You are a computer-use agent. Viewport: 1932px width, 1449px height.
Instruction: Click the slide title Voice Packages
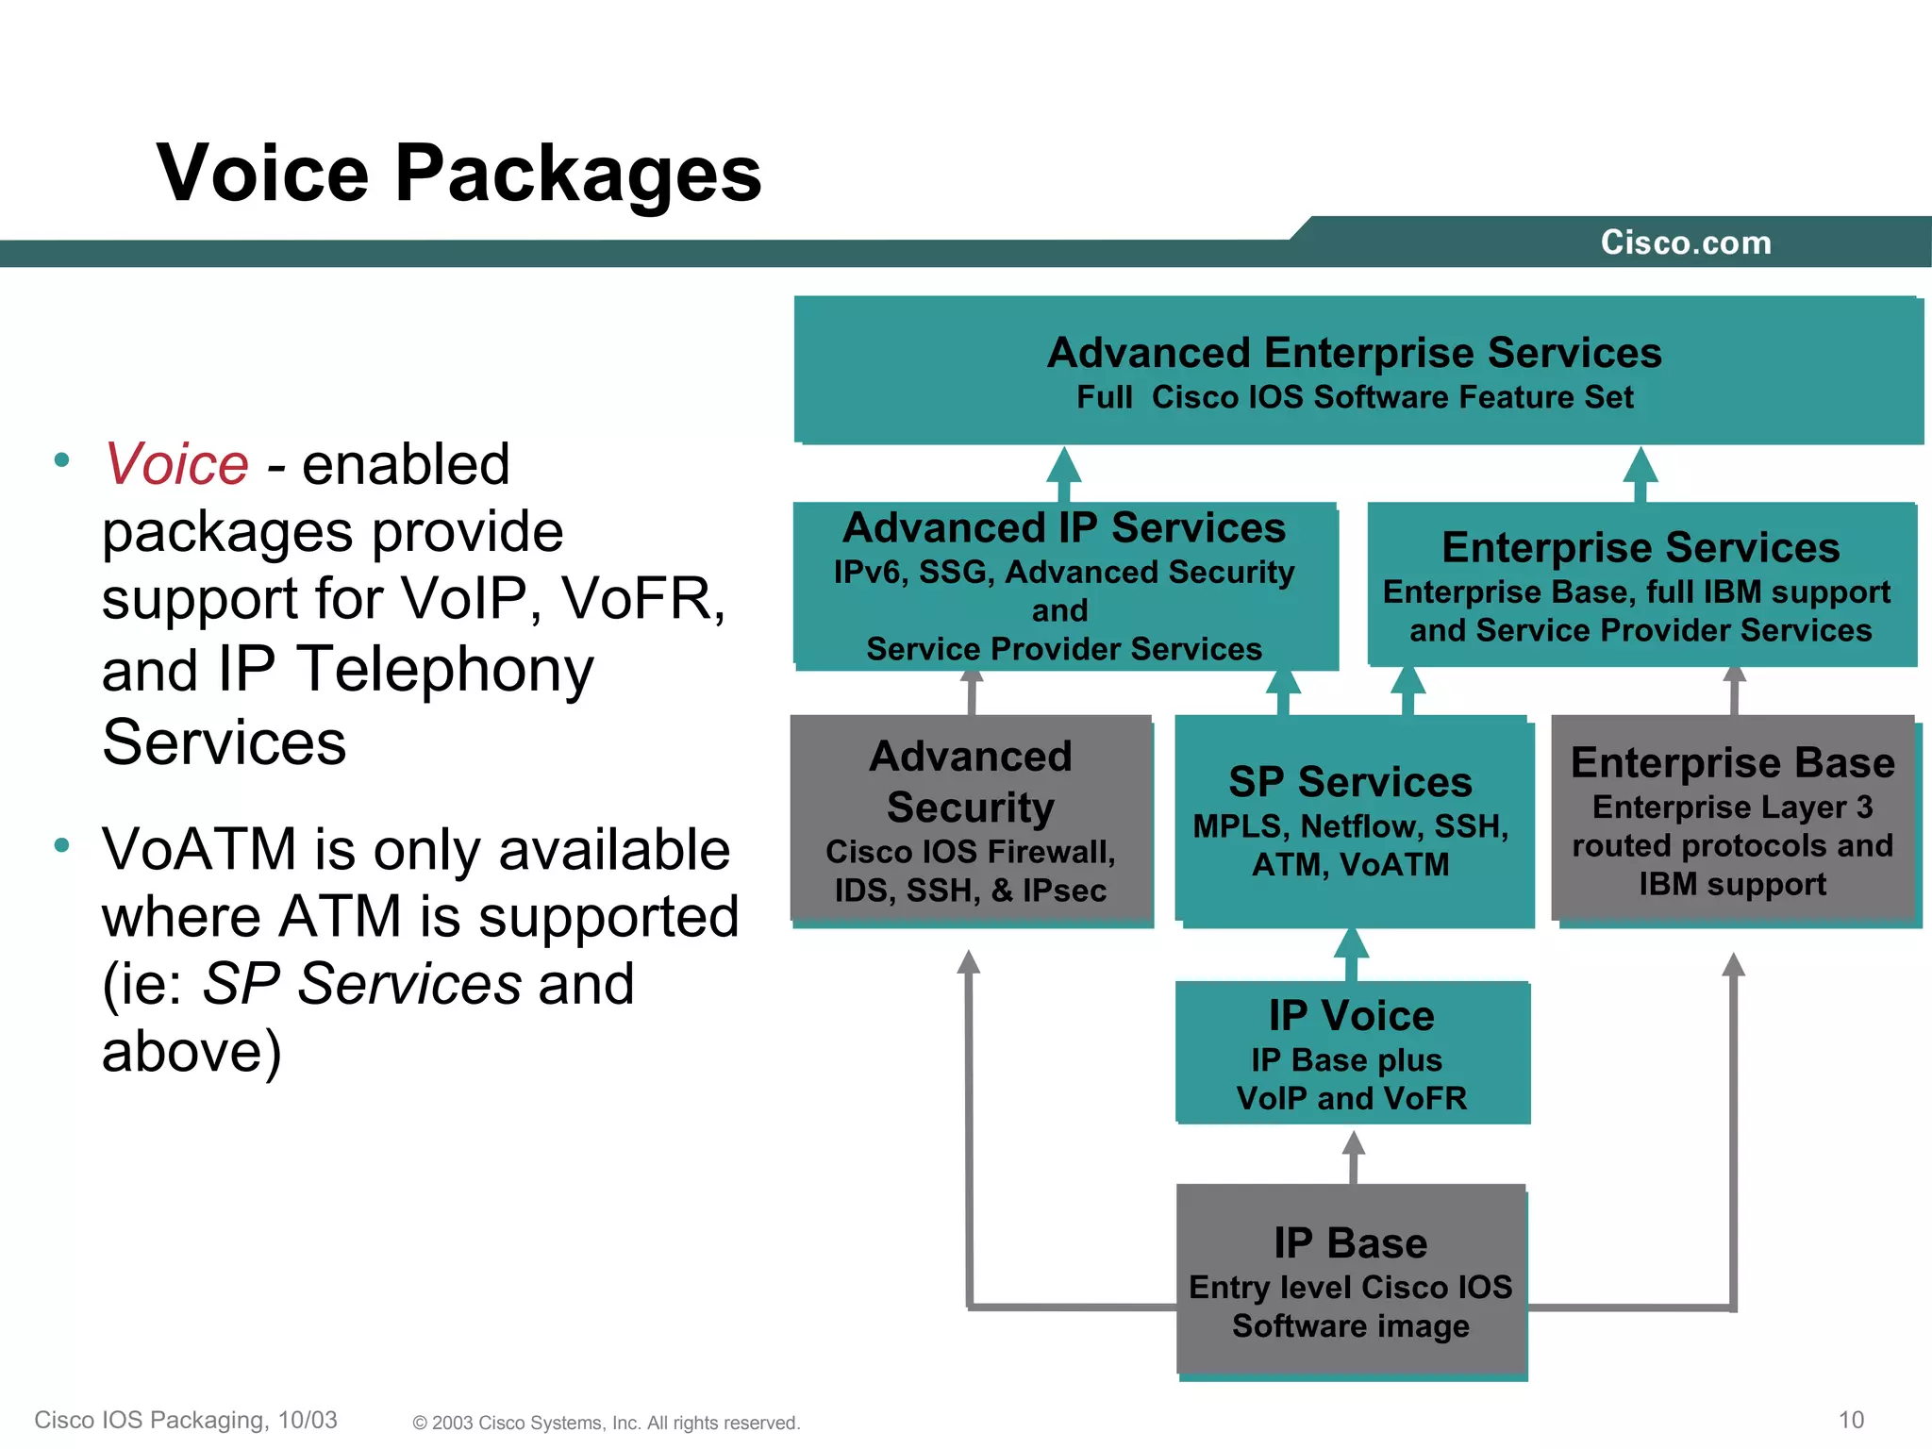coord(458,174)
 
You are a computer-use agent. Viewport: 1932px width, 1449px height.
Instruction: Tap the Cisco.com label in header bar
coord(1685,243)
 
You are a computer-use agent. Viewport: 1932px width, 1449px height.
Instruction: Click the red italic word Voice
coord(176,464)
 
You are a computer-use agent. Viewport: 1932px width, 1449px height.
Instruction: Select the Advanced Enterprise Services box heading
coord(1354,354)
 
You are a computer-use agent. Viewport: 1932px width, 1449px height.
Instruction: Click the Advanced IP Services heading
coord(1063,528)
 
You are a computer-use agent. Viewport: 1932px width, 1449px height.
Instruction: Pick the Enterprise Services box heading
coord(1641,548)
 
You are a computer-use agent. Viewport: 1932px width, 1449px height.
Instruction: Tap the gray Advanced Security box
coord(971,819)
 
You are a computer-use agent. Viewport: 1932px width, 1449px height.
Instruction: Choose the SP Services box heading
coord(1350,782)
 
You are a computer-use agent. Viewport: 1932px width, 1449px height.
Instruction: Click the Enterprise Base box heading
coord(1732,762)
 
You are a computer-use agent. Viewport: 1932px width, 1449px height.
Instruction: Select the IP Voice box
coord(1352,1053)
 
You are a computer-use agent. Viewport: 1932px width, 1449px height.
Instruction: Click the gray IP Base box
coord(1351,1280)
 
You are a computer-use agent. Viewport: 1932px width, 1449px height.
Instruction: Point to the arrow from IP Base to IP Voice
coord(1354,1157)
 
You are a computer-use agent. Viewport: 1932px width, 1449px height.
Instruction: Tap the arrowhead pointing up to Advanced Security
coord(969,962)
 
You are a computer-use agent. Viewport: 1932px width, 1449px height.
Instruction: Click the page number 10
coord(1851,1420)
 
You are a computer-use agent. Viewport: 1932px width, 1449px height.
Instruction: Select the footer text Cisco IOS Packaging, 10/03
coord(186,1420)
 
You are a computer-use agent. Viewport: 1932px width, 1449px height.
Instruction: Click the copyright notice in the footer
coord(606,1423)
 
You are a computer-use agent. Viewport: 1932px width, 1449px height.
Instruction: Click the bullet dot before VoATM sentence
coord(62,845)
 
